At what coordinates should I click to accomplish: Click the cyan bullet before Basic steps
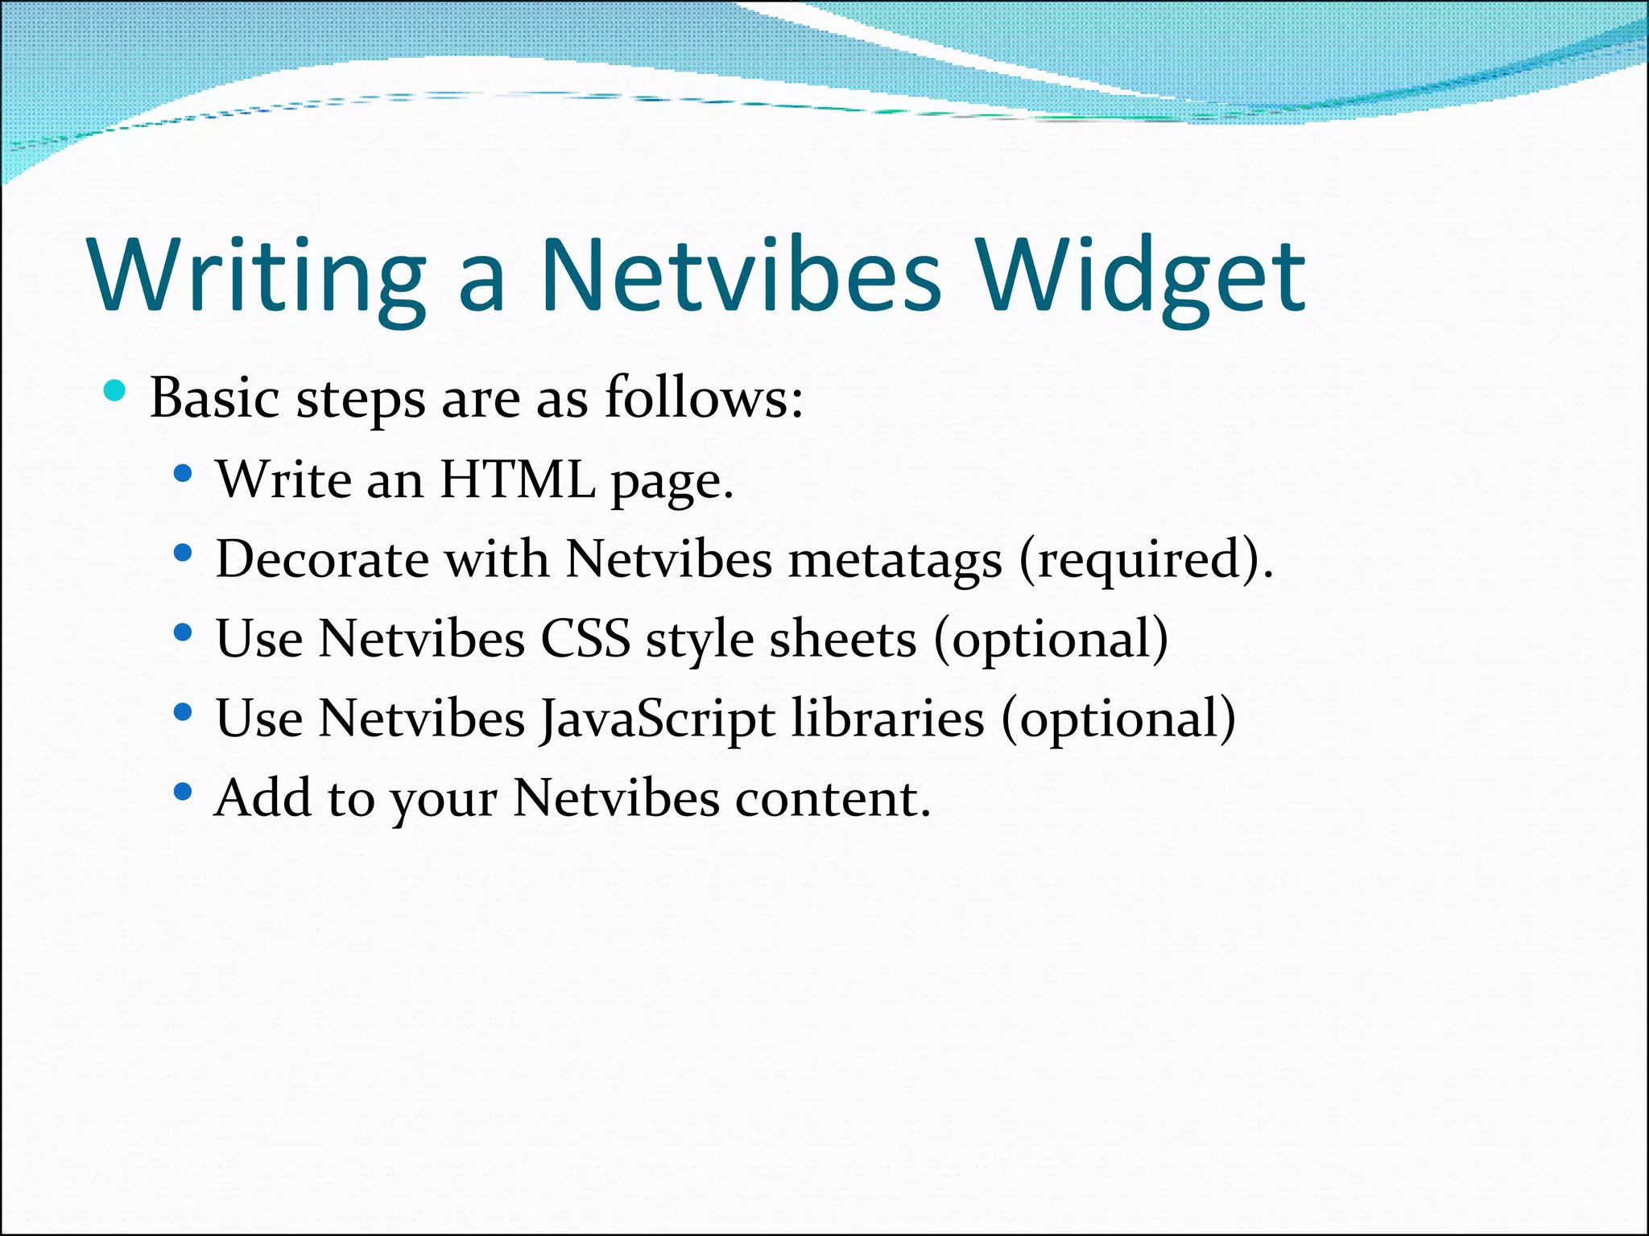click(x=115, y=391)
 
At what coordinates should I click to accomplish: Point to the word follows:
click(x=704, y=398)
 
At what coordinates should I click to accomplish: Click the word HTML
click(x=518, y=480)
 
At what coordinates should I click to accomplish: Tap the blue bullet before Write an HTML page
click(x=183, y=474)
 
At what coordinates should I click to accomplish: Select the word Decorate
click(x=322, y=559)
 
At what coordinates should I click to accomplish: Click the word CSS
click(x=585, y=640)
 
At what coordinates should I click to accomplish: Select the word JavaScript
click(x=657, y=719)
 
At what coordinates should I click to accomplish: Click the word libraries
click(x=887, y=718)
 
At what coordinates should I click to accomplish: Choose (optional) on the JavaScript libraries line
click(x=1118, y=719)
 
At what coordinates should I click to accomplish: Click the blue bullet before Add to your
click(x=183, y=792)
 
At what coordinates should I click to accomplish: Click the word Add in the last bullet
click(x=262, y=798)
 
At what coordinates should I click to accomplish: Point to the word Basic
click(x=215, y=398)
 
